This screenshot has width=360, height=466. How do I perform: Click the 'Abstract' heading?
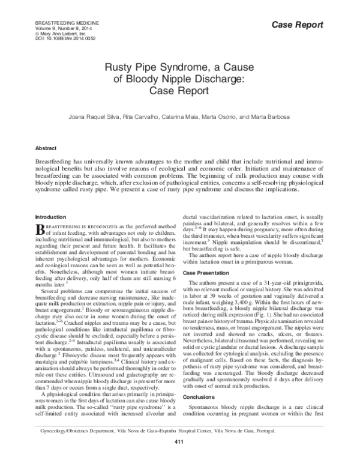click(46, 147)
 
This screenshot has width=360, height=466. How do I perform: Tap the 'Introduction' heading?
click(51, 216)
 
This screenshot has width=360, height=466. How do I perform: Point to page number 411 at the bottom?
click(179, 460)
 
